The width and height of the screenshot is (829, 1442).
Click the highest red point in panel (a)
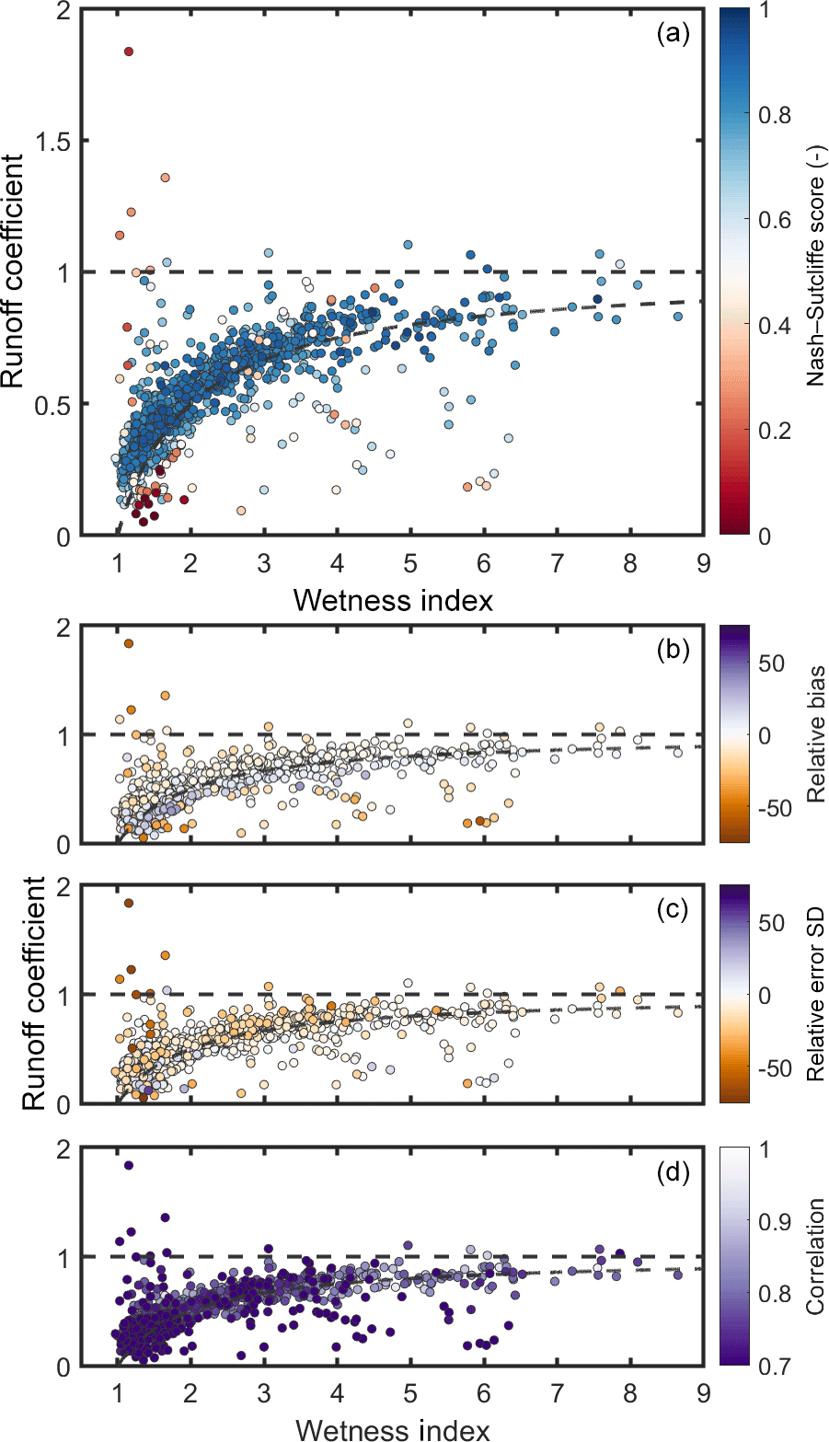(129, 52)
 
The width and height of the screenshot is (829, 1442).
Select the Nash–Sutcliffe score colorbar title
(814, 271)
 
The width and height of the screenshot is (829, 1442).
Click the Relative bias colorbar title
(814, 733)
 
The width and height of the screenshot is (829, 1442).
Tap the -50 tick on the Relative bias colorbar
(777, 808)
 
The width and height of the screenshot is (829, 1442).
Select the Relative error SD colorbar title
(814, 994)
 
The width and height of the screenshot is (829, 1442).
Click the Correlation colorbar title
(814, 1256)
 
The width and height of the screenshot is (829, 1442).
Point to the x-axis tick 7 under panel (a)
(557, 563)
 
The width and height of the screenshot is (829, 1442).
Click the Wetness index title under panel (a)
(393, 600)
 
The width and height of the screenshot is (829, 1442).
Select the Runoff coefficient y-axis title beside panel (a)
(14, 271)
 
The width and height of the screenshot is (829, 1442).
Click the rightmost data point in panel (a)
(678, 317)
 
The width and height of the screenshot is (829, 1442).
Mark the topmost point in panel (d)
(129, 1165)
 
